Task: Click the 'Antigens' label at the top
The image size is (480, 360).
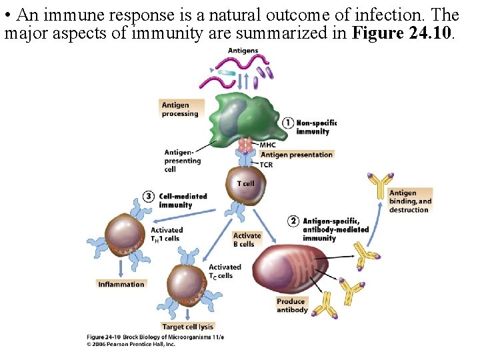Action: coord(243,51)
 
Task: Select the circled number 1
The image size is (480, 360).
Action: coord(288,123)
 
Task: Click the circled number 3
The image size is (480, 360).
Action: coord(149,197)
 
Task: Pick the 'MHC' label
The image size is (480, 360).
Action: coord(267,145)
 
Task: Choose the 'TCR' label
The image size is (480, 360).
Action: coord(266,165)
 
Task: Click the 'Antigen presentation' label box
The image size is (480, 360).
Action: coord(297,155)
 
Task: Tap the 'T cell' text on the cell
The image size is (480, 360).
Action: coord(245,183)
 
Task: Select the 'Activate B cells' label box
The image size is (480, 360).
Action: coord(247,240)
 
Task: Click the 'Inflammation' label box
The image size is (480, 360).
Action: coord(121,284)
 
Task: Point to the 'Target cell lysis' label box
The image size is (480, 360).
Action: coord(187,327)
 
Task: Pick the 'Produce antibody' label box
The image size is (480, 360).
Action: coord(292,305)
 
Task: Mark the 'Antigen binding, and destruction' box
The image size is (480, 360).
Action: coord(410,201)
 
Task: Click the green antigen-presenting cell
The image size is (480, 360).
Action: coord(247,120)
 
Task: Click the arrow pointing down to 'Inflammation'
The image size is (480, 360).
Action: coord(121,268)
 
